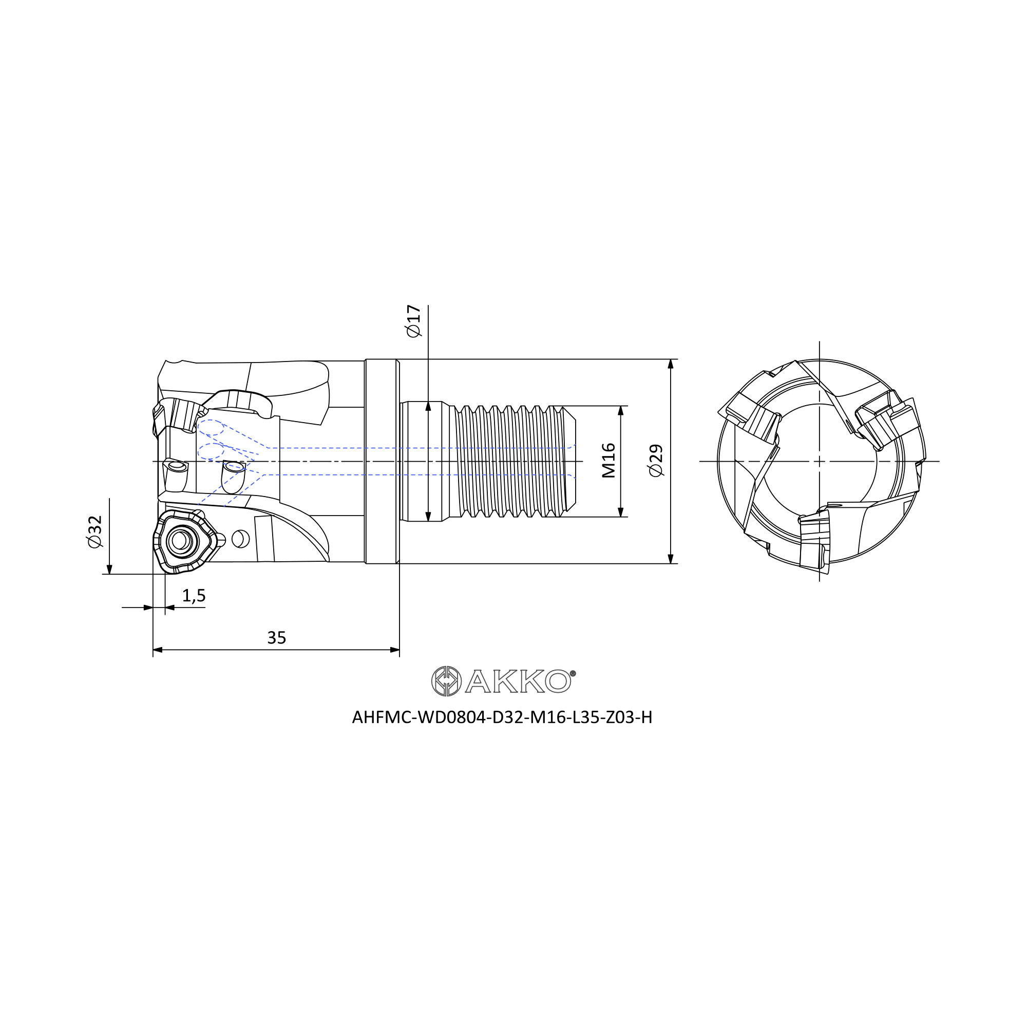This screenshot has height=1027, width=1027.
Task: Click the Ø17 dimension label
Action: [413, 321]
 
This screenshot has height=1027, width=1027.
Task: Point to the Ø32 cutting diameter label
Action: [94, 531]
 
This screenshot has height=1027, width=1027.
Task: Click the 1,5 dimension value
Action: [194, 596]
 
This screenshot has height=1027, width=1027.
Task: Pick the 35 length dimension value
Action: [276, 637]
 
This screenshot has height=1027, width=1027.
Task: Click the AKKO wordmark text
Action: [518, 681]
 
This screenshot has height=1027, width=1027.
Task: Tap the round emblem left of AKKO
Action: [446, 681]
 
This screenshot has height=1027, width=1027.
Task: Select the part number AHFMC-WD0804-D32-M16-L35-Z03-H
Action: [502, 718]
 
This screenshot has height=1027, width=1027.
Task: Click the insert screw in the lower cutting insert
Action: [180, 541]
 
